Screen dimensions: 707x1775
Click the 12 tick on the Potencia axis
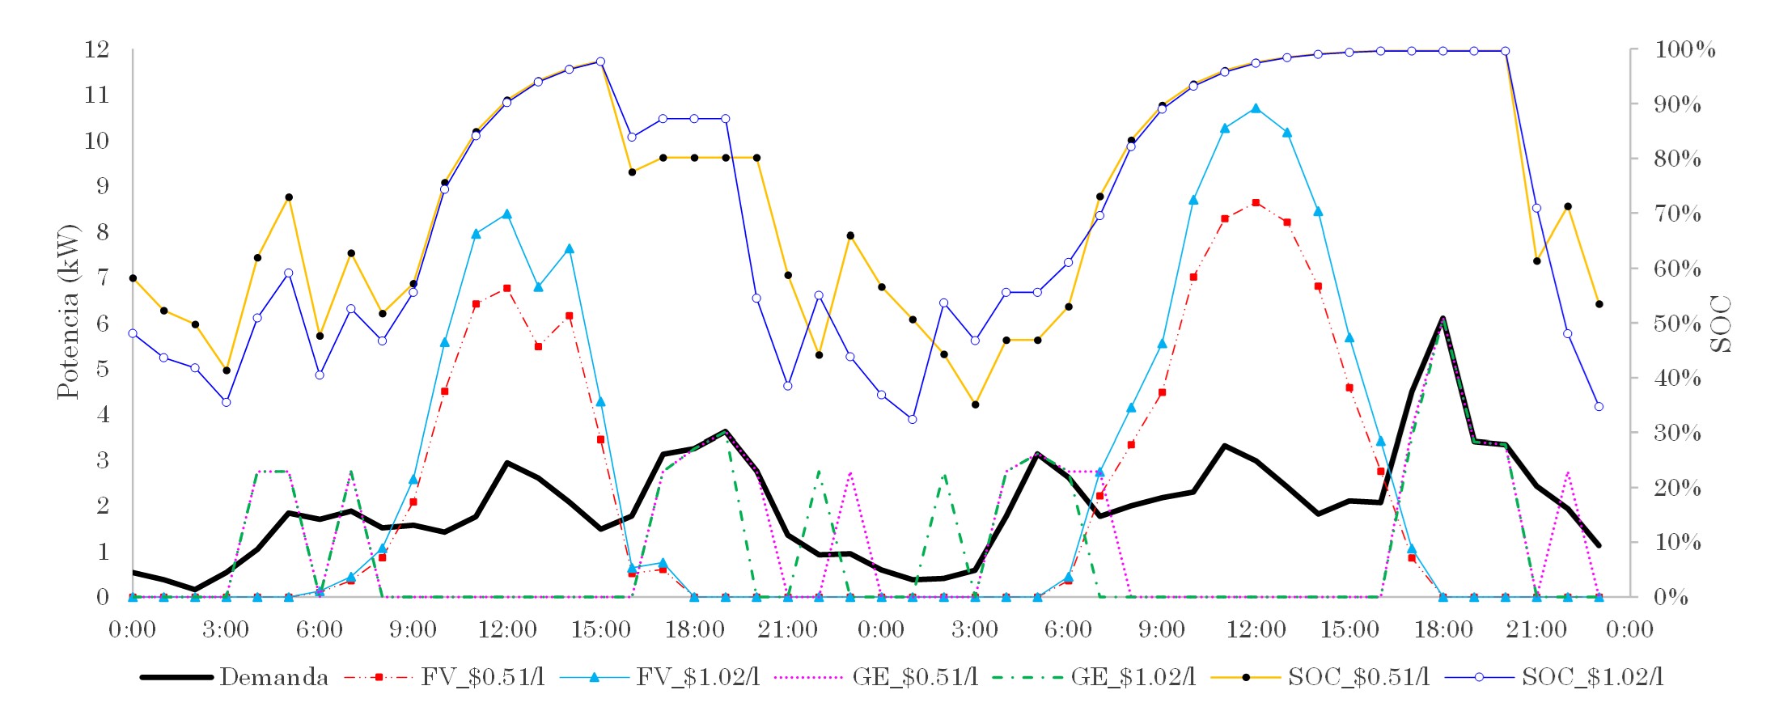97,49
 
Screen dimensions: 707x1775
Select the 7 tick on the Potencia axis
103,277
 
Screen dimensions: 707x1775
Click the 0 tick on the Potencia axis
103,597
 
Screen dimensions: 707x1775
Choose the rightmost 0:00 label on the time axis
1629,629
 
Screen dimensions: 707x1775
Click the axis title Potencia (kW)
68,311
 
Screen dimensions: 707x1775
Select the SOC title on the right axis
1722,324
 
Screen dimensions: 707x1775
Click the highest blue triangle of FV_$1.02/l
1256,108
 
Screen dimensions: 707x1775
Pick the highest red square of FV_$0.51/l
1256,202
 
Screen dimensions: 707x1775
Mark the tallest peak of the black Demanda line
1442,319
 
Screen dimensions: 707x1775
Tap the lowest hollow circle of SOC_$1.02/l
913,419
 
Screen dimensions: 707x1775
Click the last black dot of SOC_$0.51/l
1599,304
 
